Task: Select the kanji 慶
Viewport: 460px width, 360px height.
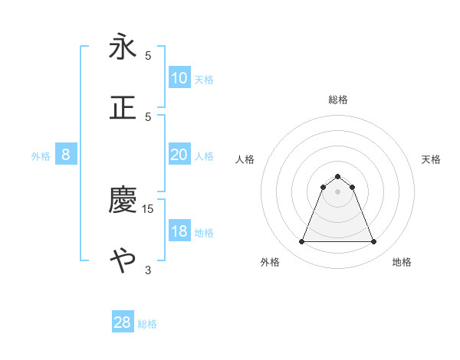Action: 123,200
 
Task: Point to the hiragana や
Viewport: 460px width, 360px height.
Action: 123,260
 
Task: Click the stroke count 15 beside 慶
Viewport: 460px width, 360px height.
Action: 148,208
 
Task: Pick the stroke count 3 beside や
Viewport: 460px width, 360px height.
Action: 148,270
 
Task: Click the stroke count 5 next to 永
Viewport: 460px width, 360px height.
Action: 148,56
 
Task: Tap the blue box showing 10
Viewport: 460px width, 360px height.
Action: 179,78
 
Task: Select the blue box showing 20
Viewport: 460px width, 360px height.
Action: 179,155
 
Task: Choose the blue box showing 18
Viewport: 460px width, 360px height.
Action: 179,231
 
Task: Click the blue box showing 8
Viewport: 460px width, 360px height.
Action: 66,155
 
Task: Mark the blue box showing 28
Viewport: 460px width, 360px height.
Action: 123,322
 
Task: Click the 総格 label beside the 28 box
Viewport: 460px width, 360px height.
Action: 147,324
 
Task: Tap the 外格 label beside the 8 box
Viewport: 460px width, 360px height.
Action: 41,156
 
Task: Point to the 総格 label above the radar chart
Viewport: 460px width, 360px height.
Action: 337,100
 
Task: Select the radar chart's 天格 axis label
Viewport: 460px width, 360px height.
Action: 432,159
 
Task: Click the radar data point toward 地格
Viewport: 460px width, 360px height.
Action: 373,242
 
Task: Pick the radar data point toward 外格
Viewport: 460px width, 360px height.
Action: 301,242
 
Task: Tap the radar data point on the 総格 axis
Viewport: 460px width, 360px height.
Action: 337,176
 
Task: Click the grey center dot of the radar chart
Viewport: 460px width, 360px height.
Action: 337,191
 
